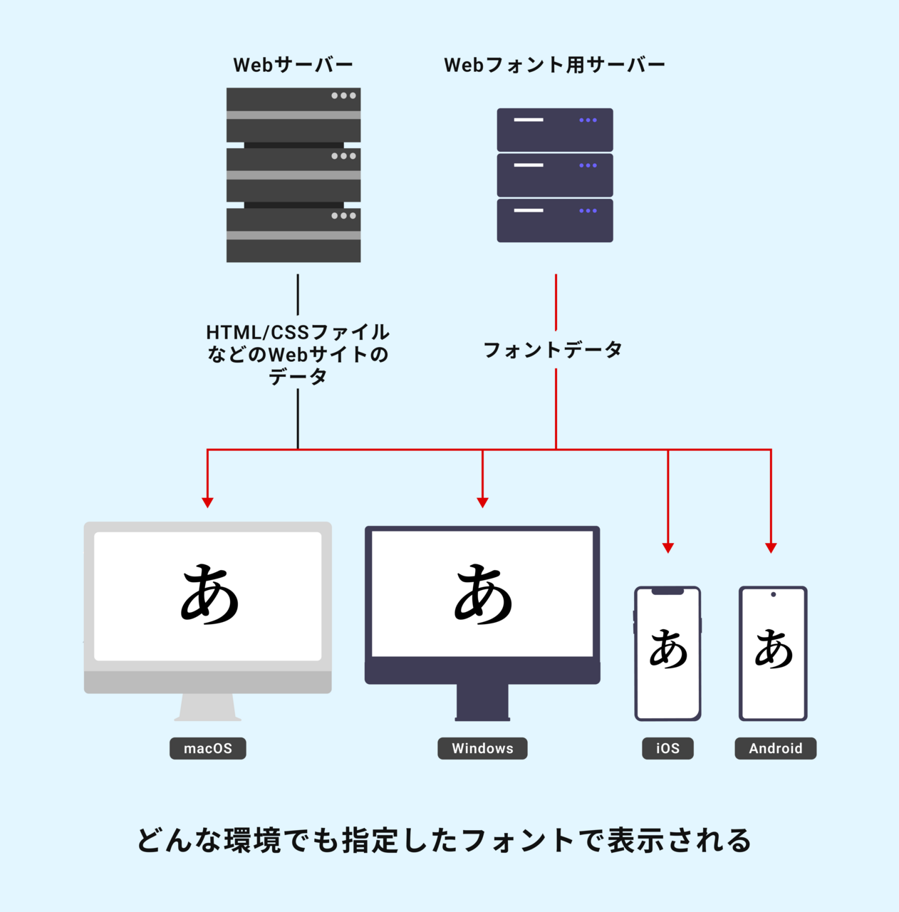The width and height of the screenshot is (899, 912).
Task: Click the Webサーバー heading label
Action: click(x=293, y=65)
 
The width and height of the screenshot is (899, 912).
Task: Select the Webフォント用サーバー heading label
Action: click(x=554, y=65)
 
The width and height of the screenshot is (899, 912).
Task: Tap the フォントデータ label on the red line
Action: click(x=553, y=350)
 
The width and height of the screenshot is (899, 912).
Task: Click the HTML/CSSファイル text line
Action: click(x=298, y=332)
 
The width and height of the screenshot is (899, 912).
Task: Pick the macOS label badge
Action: click(x=207, y=748)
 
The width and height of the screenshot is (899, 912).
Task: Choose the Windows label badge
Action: click(x=482, y=748)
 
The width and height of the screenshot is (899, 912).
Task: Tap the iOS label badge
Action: click(x=667, y=748)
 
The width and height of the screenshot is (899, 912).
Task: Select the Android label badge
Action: click(x=775, y=748)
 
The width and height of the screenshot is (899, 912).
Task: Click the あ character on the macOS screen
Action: click(x=209, y=594)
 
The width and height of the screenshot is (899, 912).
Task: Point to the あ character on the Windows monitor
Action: click(x=483, y=594)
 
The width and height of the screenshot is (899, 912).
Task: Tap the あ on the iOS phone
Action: click(x=668, y=649)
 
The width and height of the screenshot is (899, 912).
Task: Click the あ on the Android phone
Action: click(x=774, y=649)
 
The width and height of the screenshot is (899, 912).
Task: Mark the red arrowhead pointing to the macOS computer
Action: click(x=207, y=502)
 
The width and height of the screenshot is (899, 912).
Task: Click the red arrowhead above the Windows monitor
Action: click(x=482, y=502)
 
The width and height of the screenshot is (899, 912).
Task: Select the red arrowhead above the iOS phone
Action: click(x=667, y=547)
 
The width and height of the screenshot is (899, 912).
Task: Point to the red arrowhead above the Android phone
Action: click(x=771, y=547)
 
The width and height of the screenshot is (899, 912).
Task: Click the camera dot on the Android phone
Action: click(x=773, y=594)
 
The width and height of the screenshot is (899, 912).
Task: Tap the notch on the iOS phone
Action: click(x=667, y=591)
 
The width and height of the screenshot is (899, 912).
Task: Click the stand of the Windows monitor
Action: click(x=482, y=702)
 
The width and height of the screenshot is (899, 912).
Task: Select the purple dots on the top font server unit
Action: click(x=588, y=120)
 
